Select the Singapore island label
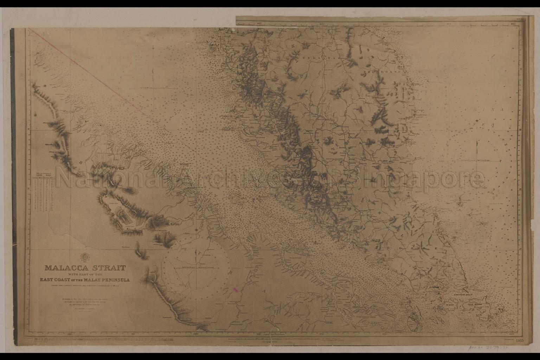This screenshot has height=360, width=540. (433, 288)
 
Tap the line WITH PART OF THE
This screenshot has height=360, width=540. (84, 274)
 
